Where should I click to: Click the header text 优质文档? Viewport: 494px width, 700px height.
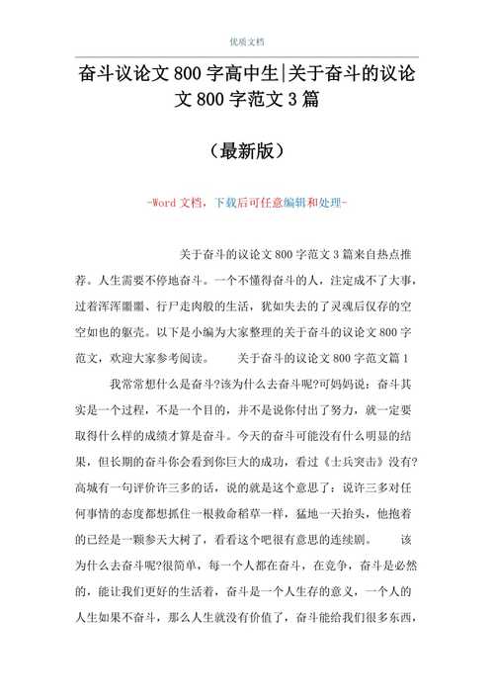click(246, 41)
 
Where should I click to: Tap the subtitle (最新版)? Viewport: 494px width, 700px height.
click(246, 151)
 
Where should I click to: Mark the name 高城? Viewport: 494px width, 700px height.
click(88, 487)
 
